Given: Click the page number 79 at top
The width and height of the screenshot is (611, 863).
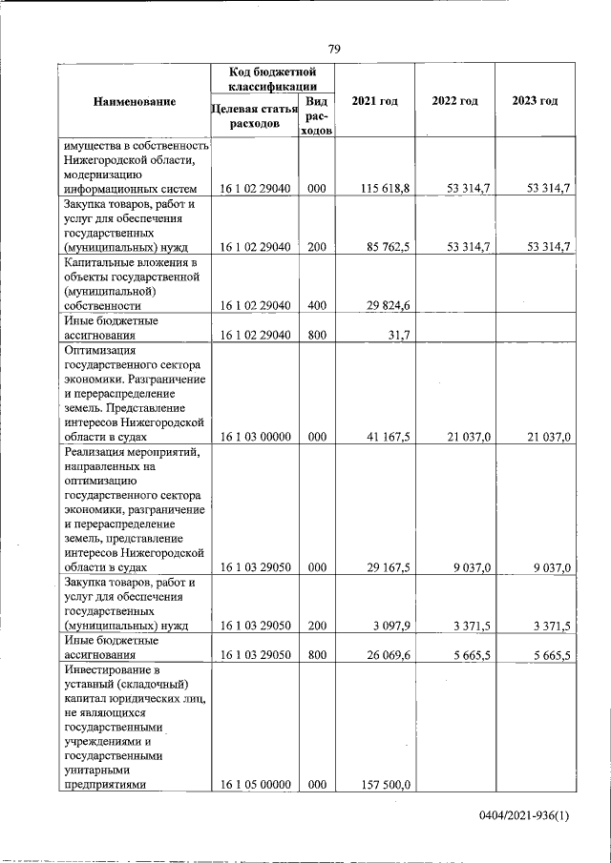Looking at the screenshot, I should tap(334, 50).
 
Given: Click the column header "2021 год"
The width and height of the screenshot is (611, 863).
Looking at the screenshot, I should tap(374, 102).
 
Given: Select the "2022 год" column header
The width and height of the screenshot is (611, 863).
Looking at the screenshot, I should tap(454, 102).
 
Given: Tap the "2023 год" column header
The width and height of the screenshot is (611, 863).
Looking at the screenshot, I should tap(535, 102).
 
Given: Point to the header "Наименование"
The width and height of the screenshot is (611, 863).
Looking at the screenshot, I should tap(135, 102).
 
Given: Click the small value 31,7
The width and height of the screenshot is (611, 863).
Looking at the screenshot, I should tap(398, 336).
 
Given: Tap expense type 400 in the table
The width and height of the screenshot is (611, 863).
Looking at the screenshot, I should tap(317, 306).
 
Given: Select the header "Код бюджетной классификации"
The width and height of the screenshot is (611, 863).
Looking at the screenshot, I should tap(273, 79).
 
